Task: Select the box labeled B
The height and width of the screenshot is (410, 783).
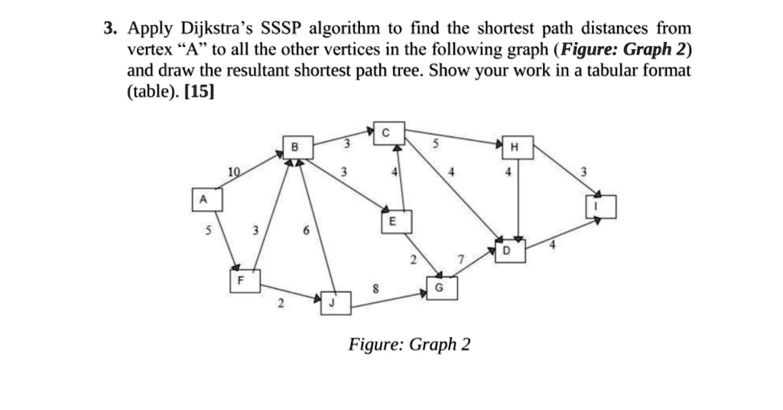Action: pyautogui.click(x=296, y=146)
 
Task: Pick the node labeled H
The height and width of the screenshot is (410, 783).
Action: pyautogui.click(x=514, y=147)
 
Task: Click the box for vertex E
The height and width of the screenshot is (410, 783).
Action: pyautogui.click(x=392, y=220)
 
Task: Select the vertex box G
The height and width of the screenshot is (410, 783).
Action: pyautogui.click(x=438, y=288)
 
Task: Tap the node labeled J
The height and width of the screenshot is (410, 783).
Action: pyautogui.click(x=333, y=302)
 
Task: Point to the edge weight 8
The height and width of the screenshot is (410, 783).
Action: pyautogui.click(x=375, y=288)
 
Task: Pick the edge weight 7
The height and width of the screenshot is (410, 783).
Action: pyautogui.click(x=460, y=261)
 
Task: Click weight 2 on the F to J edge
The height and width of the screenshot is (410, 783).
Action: pyautogui.click(x=281, y=304)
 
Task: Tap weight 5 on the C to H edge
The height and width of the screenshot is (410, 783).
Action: pyautogui.click(x=436, y=143)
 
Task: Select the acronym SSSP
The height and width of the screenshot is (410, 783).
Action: pyautogui.click(x=284, y=29)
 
